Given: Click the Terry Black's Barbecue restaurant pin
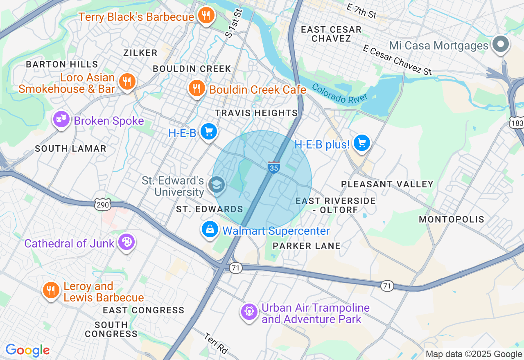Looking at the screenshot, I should pyautogui.click(x=206, y=16).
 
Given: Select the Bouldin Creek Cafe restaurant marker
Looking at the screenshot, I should pyautogui.click(x=197, y=88).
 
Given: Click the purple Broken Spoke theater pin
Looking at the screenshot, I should pyautogui.click(x=61, y=119).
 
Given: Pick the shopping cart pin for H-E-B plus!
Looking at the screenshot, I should pyautogui.click(x=362, y=143).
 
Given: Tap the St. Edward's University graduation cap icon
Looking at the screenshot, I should pyautogui.click(x=216, y=184).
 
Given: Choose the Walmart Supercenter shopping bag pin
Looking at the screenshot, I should pyautogui.click(x=210, y=229).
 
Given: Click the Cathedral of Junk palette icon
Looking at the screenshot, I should pyautogui.click(x=126, y=242).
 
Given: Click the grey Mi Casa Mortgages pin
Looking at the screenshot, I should pyautogui.click(x=500, y=44).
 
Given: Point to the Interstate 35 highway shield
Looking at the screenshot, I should pyautogui.click(x=274, y=167).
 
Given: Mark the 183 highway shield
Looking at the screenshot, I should pyautogui.click(x=517, y=123).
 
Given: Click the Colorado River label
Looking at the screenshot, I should pyautogui.click(x=339, y=93).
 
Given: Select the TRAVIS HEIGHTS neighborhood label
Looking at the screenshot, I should pyautogui.click(x=256, y=113).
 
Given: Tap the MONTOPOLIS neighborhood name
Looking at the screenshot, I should pyautogui.click(x=452, y=220).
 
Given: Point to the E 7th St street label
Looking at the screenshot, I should pyautogui.click(x=361, y=11).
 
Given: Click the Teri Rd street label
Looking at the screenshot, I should pyautogui.click(x=216, y=343).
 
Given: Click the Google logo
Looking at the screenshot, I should pyautogui.click(x=27, y=350).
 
